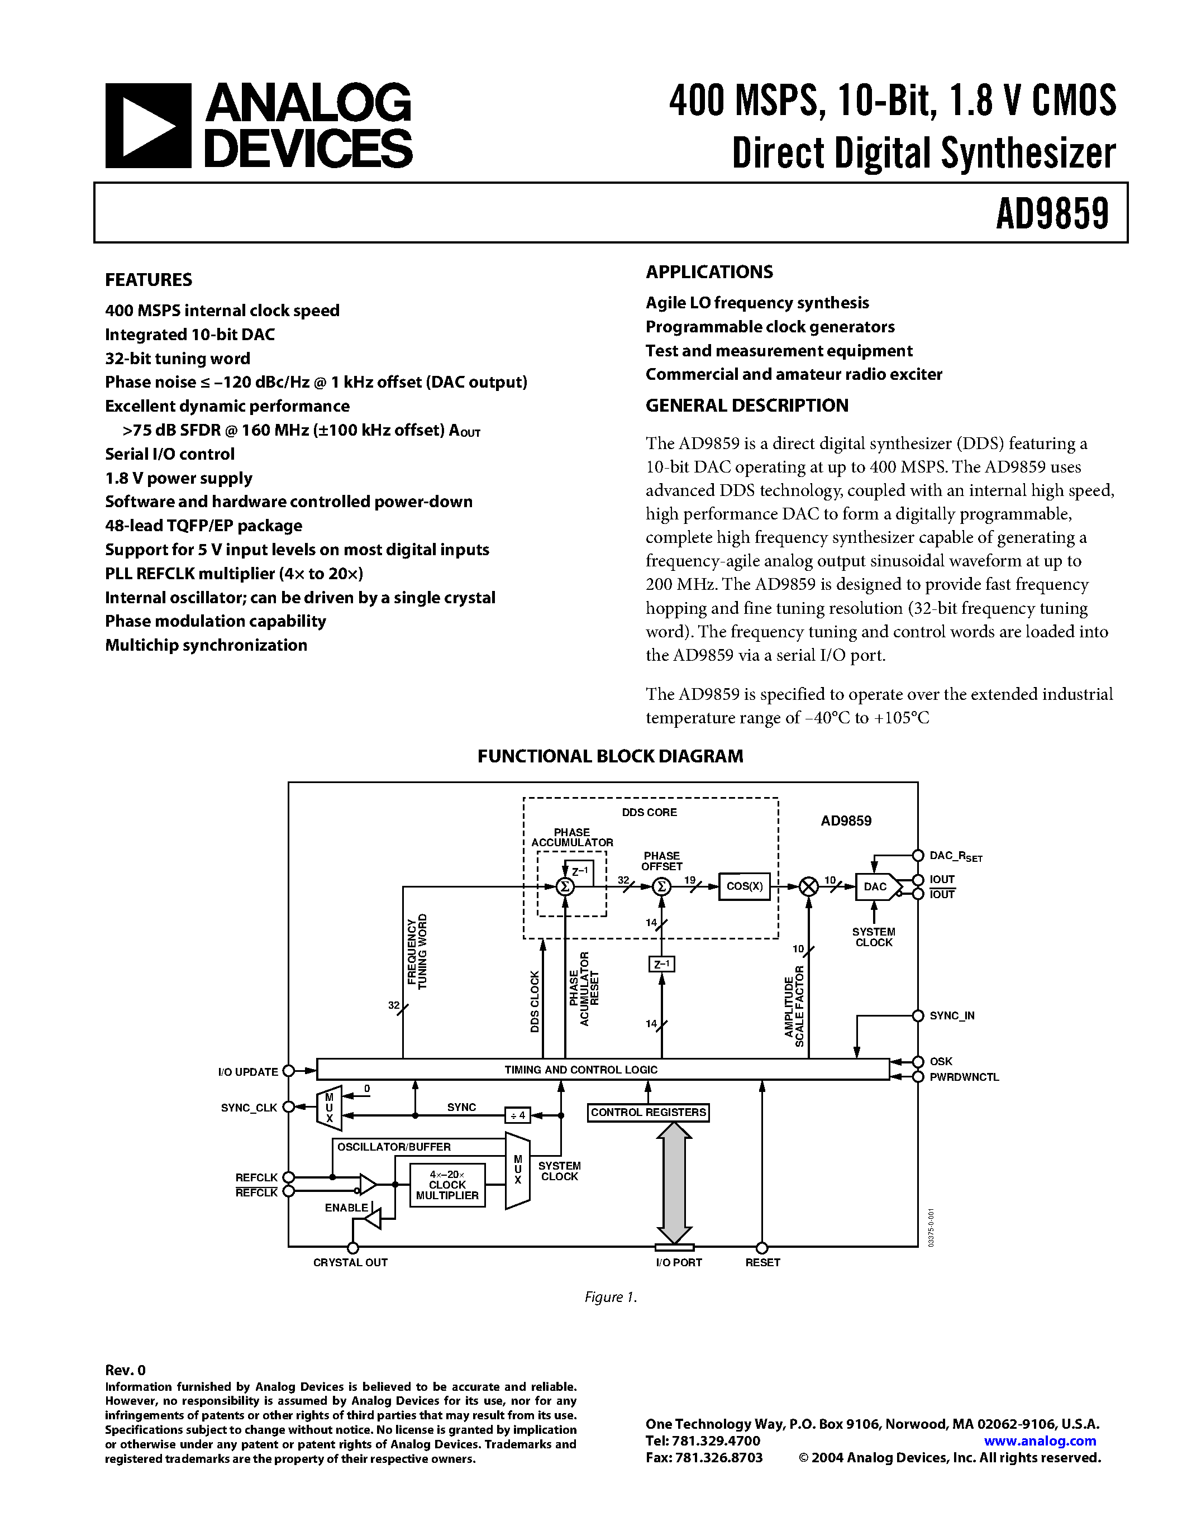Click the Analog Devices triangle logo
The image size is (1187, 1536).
pyautogui.click(x=147, y=126)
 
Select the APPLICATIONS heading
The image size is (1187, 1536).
pyautogui.click(x=709, y=272)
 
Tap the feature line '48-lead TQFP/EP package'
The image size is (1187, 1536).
pyautogui.click(x=203, y=526)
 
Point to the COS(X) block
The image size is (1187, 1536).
pyautogui.click(x=744, y=886)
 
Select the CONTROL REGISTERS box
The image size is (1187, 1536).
pyautogui.click(x=647, y=1113)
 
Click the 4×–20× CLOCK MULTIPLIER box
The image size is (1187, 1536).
pyautogui.click(x=447, y=1185)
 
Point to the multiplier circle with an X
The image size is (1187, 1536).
pyautogui.click(x=809, y=887)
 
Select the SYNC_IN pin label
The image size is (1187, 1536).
pyautogui.click(x=951, y=1015)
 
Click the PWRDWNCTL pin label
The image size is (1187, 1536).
pyautogui.click(x=964, y=1077)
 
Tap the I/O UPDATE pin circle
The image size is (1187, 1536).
pyautogui.click(x=288, y=1071)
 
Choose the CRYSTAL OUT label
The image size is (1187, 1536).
pyautogui.click(x=350, y=1262)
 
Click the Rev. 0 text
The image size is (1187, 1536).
pyautogui.click(x=125, y=1370)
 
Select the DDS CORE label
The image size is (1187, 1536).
pyautogui.click(x=649, y=812)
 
